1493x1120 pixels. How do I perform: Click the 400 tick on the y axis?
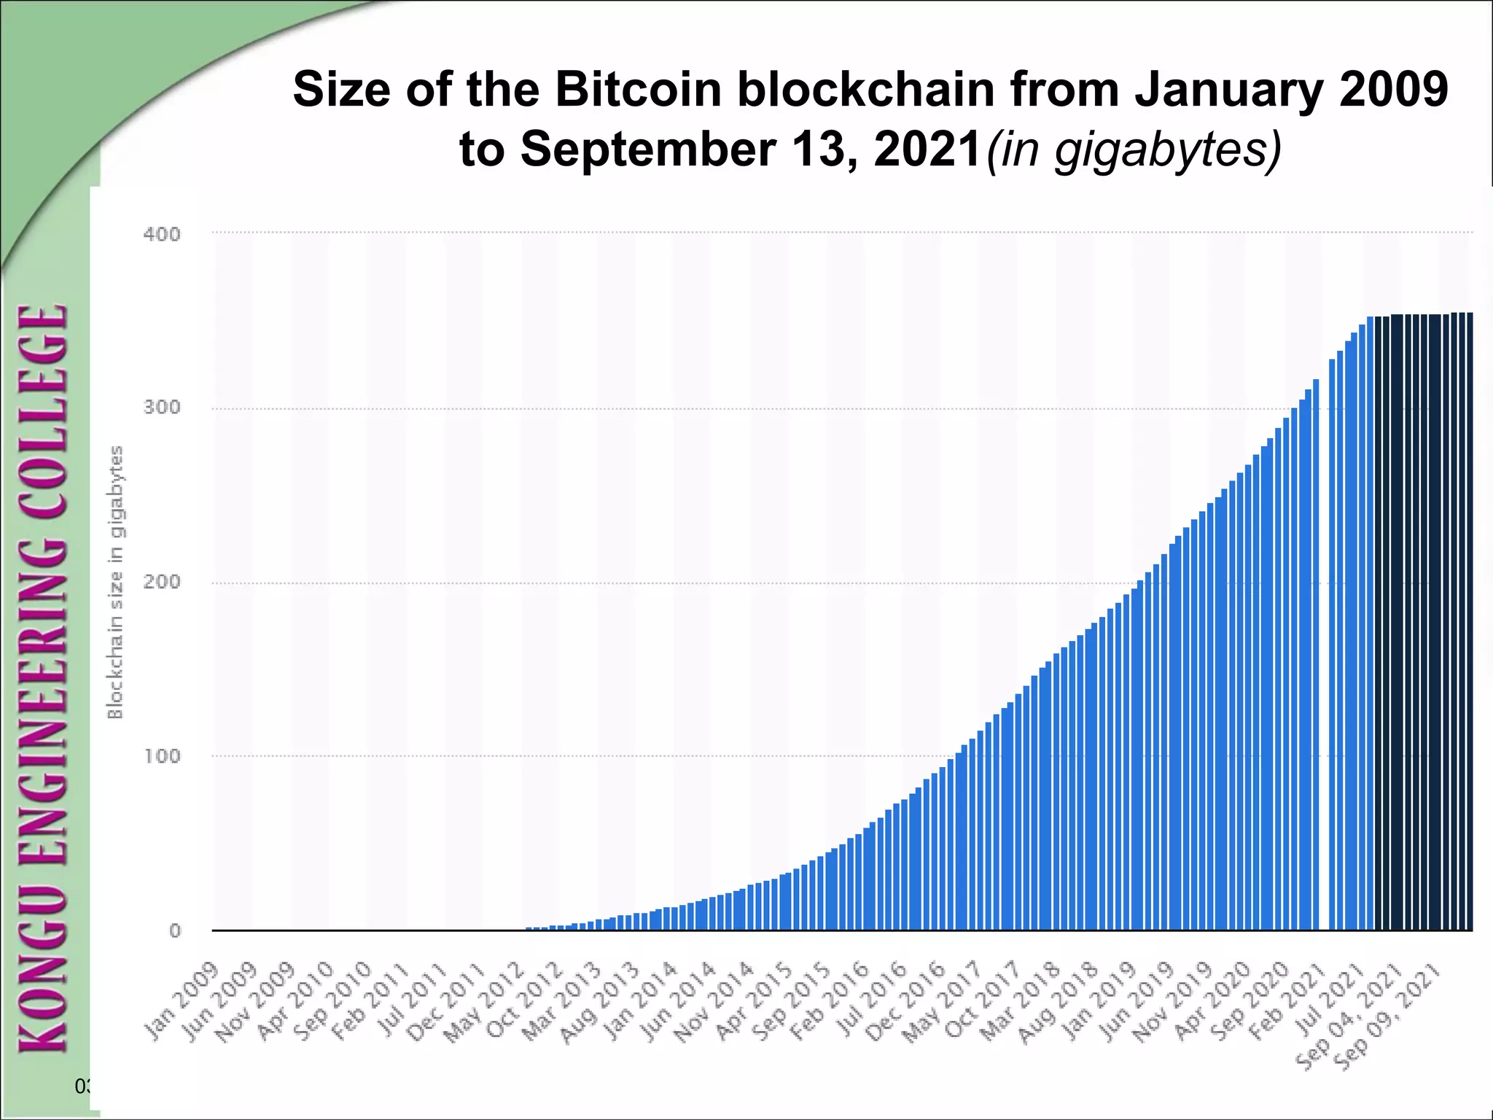pos(162,234)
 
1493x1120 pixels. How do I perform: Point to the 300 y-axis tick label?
pos(162,407)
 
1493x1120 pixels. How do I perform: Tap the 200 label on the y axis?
pos(162,582)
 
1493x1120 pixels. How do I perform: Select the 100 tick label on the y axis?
pos(162,755)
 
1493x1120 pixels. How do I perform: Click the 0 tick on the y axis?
pos(175,930)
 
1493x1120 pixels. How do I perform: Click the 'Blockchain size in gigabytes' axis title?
pos(115,582)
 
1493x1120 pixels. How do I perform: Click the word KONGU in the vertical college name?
pos(44,970)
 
